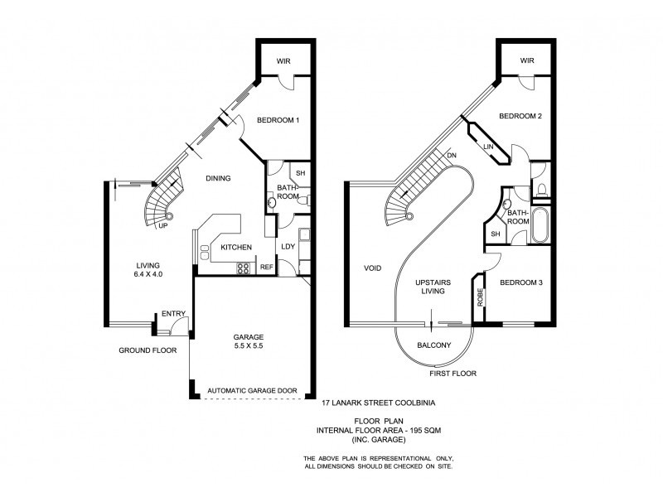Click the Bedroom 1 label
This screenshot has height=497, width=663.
(277, 120)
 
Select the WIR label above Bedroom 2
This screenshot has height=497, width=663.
(527, 60)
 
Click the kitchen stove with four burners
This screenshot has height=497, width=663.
(244, 267)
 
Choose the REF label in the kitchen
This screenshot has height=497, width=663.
(267, 268)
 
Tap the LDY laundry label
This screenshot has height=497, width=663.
(288, 247)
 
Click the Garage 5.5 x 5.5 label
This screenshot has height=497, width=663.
(249, 342)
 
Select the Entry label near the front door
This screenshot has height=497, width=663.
(174, 313)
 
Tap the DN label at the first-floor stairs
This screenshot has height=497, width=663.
(451, 155)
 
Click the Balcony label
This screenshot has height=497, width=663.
(433, 345)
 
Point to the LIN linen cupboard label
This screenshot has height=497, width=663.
(488, 147)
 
